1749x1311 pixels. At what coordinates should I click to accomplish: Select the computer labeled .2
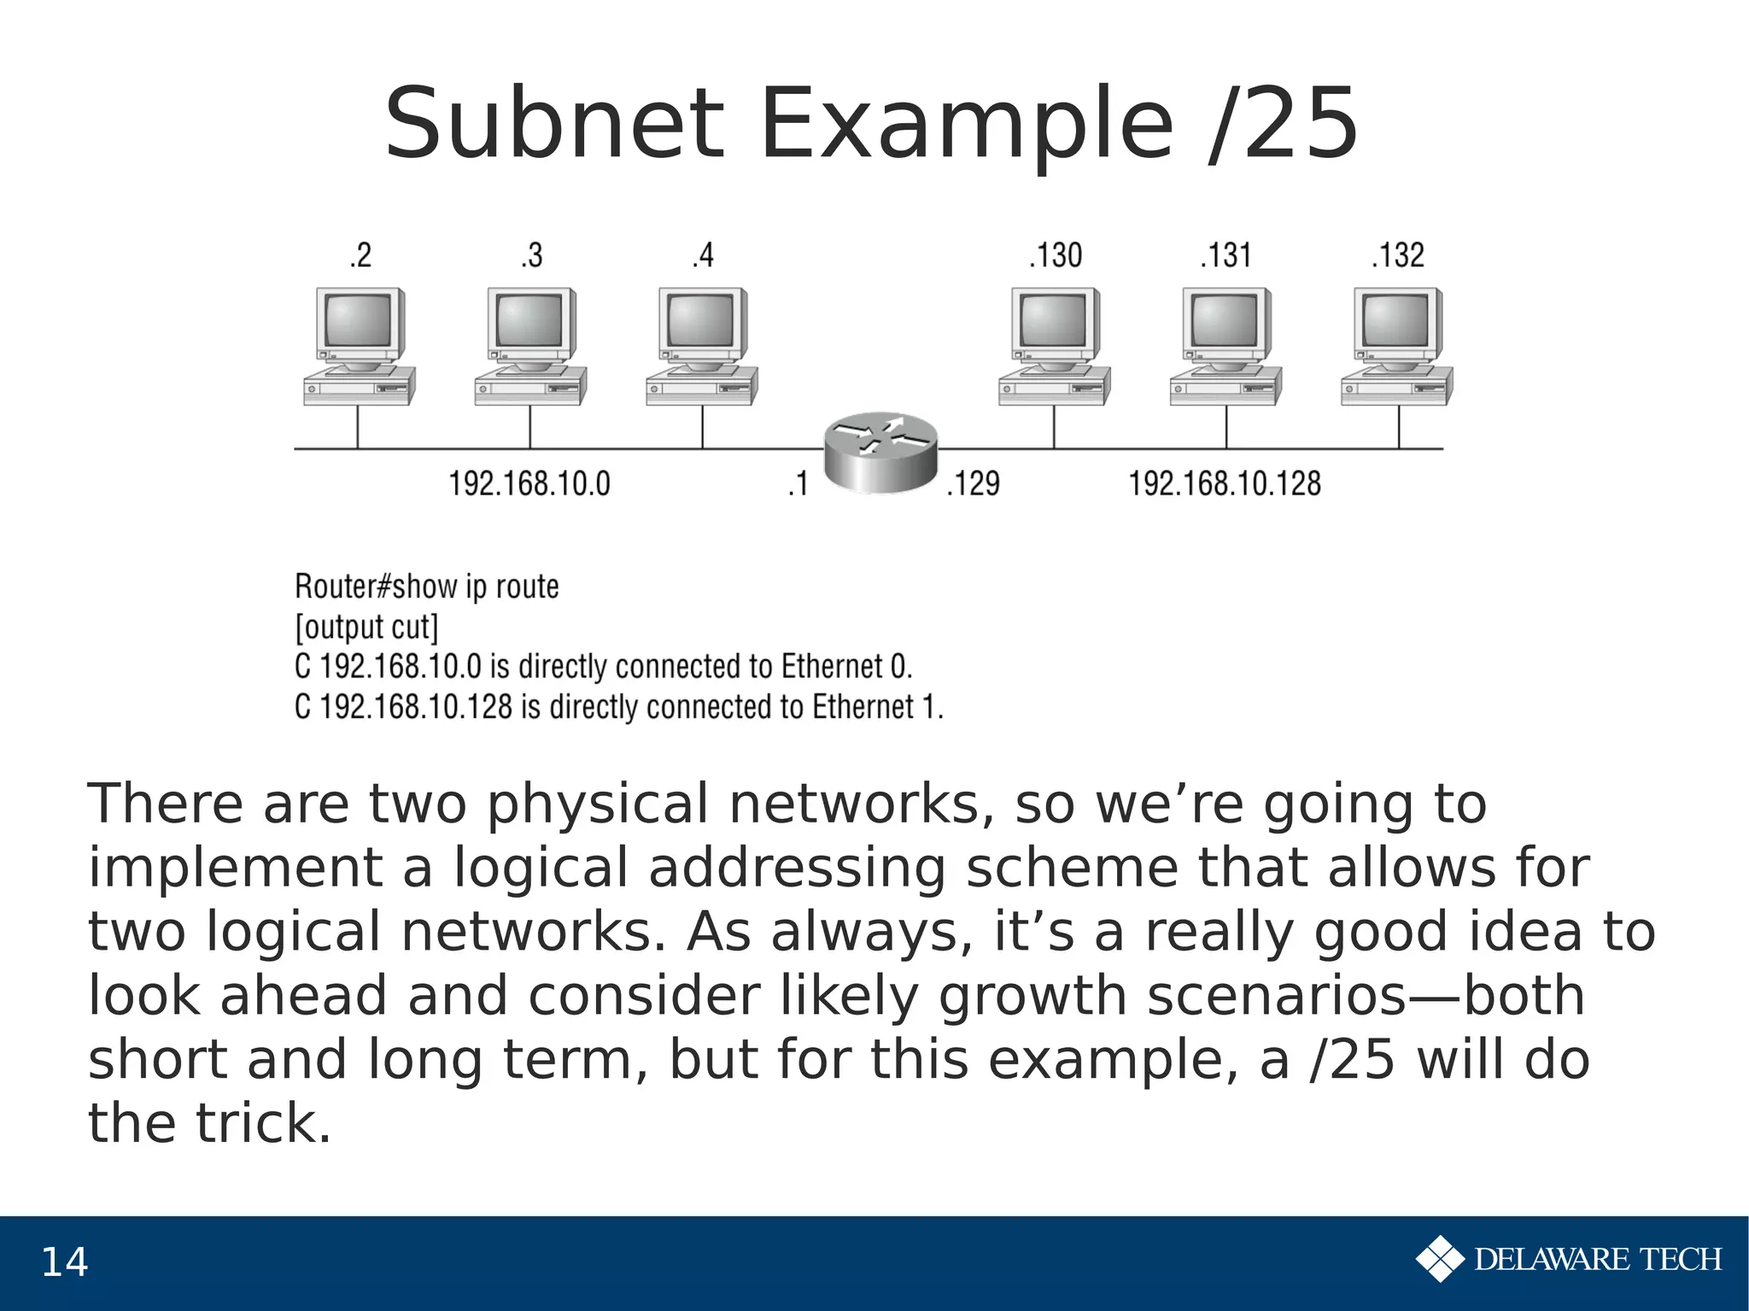[x=359, y=346]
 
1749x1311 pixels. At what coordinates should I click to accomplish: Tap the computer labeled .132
[x=1397, y=346]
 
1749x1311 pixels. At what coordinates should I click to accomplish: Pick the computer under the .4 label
[x=701, y=346]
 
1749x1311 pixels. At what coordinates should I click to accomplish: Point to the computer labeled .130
[x=1054, y=346]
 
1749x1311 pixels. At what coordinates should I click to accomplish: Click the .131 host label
[x=1225, y=255]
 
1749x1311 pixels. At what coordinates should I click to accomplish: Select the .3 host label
[x=531, y=255]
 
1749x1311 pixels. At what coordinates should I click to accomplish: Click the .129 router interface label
[x=973, y=484]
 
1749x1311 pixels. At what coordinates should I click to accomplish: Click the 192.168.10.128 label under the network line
[x=1224, y=484]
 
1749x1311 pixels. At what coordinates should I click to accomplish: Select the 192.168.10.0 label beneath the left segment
[x=529, y=484]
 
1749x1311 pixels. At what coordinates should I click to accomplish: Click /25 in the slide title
[x=1282, y=125]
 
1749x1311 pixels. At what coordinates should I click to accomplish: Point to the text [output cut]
[x=366, y=628]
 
